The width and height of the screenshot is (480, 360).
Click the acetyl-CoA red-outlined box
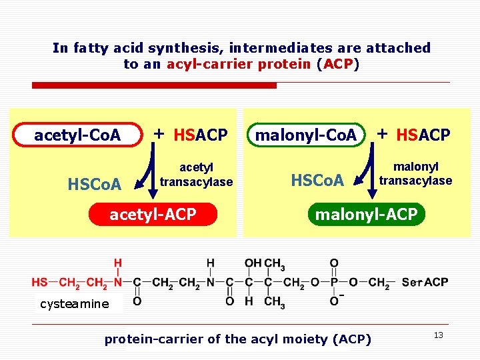(78, 135)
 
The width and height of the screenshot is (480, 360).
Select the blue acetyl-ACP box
(153, 214)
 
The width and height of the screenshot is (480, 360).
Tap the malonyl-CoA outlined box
(307, 135)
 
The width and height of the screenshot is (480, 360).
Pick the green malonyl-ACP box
(365, 215)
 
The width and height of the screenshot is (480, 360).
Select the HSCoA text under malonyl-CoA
(317, 180)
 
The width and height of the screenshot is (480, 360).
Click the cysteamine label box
(75, 304)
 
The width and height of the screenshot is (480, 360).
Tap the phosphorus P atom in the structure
(334, 283)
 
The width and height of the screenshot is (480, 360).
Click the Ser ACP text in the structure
(425, 283)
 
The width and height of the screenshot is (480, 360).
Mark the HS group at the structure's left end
(39, 283)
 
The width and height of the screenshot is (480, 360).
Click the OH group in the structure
(253, 263)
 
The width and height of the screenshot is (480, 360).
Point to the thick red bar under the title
(154, 85)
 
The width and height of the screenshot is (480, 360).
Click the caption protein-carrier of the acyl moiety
(237, 339)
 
